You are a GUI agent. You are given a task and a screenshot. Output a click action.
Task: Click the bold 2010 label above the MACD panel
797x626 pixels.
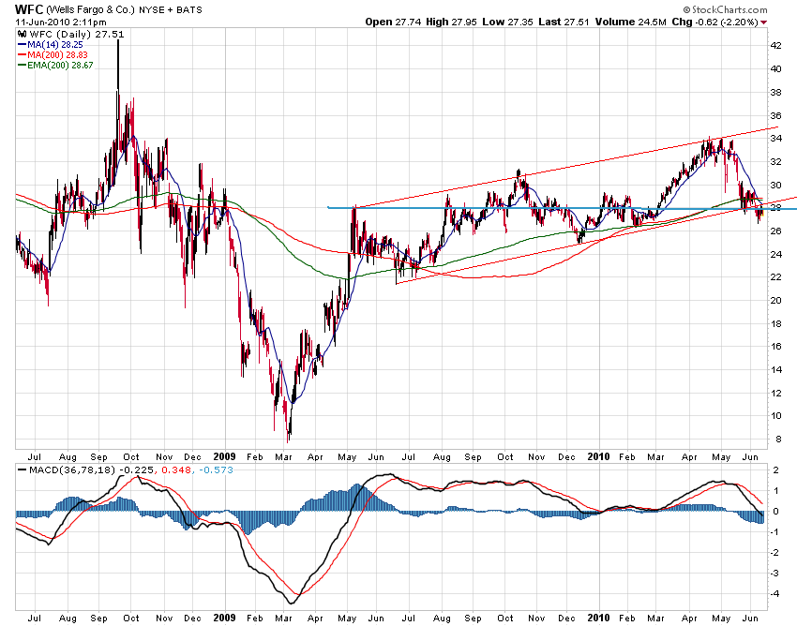point(597,457)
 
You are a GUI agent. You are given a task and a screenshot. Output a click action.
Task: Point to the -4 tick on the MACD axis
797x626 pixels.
point(774,593)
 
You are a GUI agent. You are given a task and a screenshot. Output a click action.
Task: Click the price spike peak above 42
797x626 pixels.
point(118,41)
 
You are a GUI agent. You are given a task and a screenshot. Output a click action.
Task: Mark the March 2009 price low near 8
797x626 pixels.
point(289,440)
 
